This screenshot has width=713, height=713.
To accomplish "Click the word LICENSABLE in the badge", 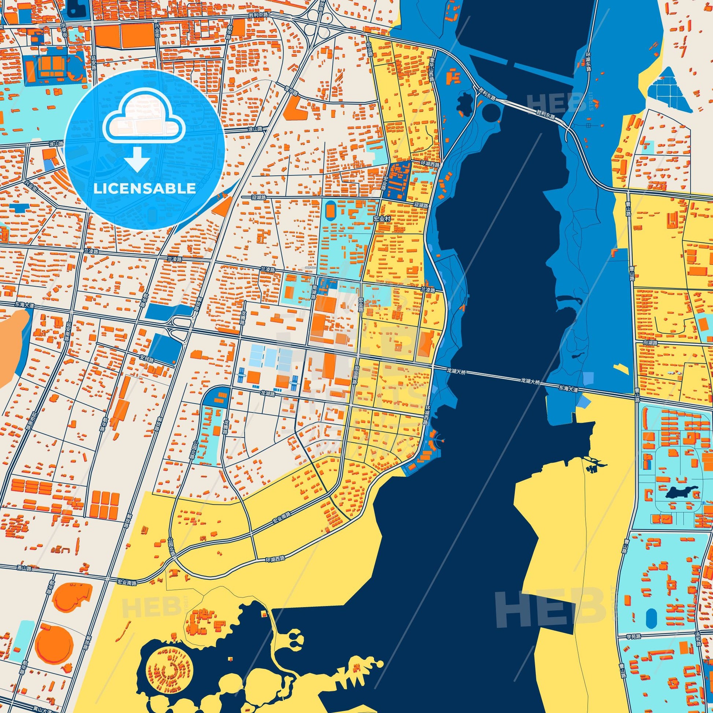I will (144, 189).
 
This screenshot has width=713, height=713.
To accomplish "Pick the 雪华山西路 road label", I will (430, 69).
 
